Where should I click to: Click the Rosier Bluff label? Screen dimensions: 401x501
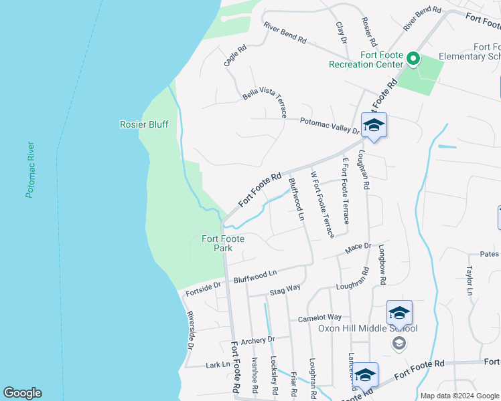coord(144,124)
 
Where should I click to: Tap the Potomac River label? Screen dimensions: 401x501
coord(29,170)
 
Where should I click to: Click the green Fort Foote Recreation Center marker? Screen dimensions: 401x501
coord(413,60)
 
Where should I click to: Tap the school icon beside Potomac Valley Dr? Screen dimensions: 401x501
coord(374,126)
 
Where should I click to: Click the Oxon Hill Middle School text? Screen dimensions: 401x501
coord(368,328)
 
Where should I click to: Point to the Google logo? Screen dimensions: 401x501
coord(22,393)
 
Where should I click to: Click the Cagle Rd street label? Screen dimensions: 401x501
coord(235,55)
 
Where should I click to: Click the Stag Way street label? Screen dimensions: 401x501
coord(285,289)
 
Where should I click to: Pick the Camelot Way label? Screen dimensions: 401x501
coord(319,317)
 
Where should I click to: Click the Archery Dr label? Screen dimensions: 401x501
coord(259,340)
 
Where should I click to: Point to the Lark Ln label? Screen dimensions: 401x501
coord(218,364)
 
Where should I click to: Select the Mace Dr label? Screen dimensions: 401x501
coord(358,249)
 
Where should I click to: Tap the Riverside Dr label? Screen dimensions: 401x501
coord(190,331)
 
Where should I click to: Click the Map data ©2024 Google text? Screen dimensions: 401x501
coord(460,396)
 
